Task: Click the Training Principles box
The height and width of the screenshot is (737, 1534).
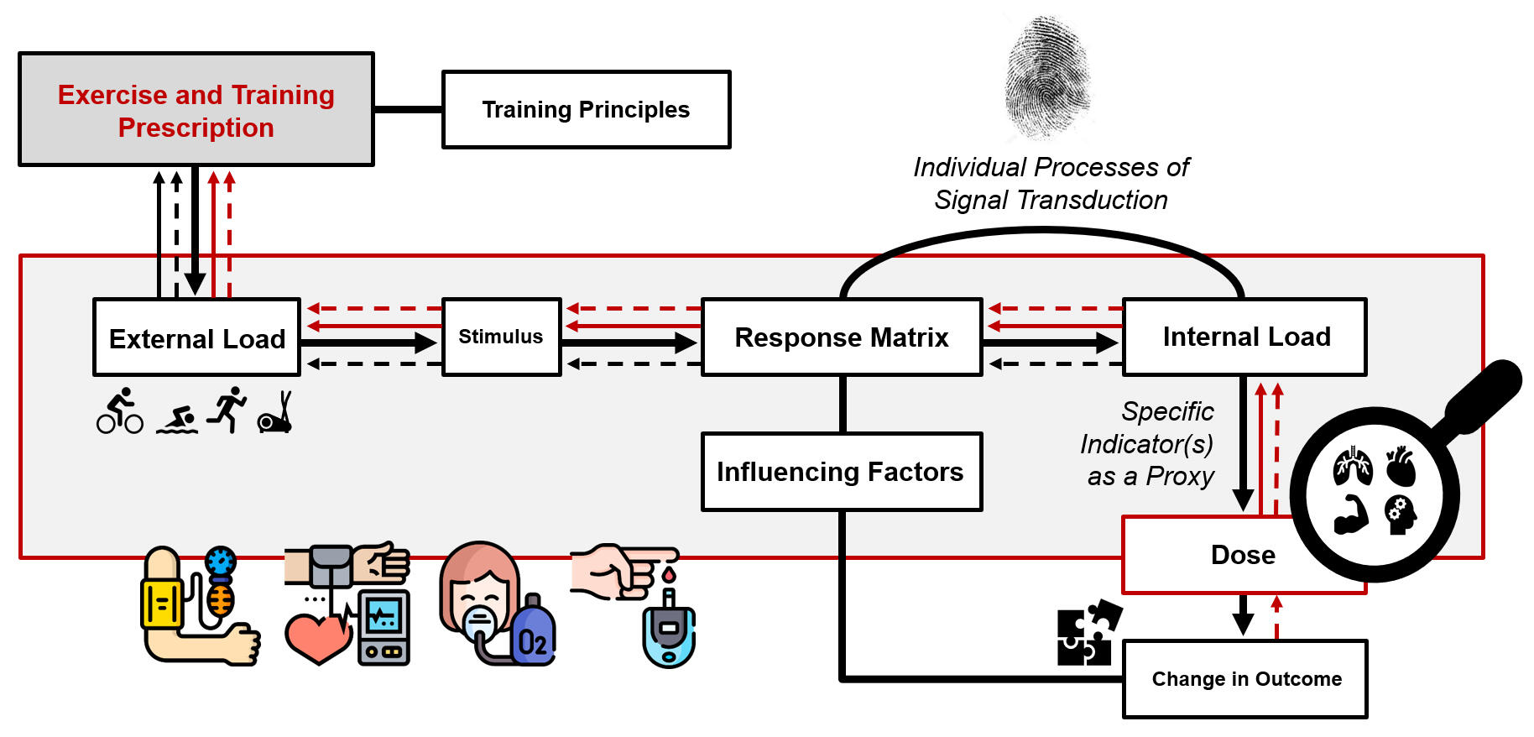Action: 586,110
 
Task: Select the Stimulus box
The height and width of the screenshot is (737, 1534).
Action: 501,337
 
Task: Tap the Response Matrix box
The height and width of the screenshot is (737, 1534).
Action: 842,337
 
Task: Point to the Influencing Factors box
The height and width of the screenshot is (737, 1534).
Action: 841,472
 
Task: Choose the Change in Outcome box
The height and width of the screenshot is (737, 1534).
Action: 1245,679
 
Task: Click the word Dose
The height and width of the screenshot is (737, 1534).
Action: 1243,555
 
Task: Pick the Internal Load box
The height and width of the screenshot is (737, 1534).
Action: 1245,337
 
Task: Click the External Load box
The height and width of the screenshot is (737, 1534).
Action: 196,337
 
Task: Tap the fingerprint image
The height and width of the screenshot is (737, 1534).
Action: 1048,76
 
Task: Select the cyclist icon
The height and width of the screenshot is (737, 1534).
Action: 120,411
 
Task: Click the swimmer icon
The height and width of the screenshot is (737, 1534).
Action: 177,420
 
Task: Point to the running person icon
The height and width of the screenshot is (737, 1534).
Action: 227,409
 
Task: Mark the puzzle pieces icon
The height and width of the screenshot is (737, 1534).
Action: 1088,634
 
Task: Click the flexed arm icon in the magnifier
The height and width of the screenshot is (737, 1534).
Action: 1351,515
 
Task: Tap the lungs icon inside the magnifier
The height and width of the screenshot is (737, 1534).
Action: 1353,467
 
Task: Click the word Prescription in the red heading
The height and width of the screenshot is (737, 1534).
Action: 196,128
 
